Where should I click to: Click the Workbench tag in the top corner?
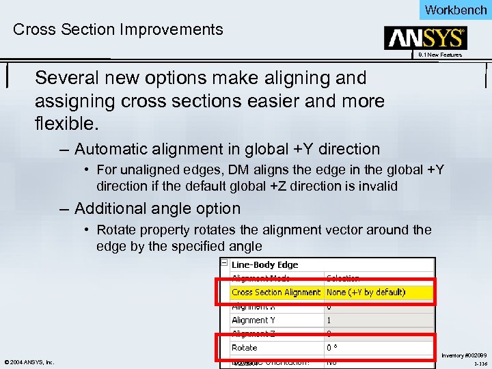(455, 10)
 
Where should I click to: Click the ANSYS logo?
(426, 38)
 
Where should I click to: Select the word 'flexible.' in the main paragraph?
(67, 125)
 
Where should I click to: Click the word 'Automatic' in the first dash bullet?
(111, 149)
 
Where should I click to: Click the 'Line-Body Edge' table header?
(264, 264)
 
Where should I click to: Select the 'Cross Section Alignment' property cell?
(275, 292)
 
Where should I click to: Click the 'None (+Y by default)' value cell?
(366, 292)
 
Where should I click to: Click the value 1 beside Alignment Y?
(329, 320)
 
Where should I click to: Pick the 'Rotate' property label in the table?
(244, 348)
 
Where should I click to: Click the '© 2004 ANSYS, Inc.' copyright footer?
(29, 362)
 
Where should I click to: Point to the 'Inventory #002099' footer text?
(464, 355)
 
